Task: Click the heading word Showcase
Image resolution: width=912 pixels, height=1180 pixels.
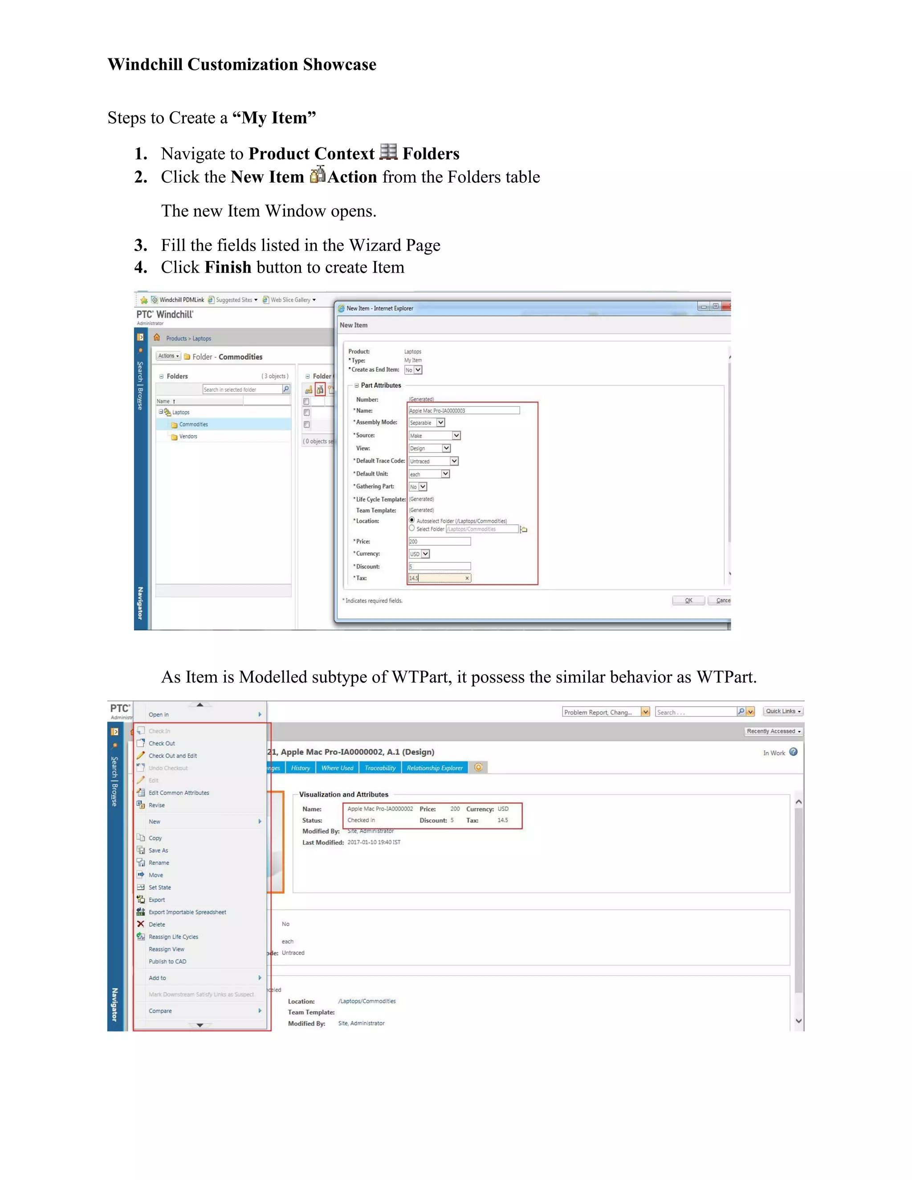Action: tap(339, 64)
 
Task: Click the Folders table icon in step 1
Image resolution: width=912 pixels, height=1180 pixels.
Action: tap(388, 152)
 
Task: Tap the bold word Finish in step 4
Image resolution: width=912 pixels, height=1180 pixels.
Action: tap(228, 268)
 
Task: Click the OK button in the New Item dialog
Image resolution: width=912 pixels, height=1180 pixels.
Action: tap(688, 600)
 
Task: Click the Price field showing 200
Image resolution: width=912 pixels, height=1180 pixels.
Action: tap(439, 541)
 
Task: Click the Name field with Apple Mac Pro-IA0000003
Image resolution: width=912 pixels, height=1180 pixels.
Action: tap(464, 411)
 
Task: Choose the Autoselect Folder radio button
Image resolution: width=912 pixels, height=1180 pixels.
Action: tap(412, 520)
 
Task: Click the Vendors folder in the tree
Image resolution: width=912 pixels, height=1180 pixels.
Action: tap(188, 436)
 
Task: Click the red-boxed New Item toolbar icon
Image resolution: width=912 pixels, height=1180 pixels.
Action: tap(320, 390)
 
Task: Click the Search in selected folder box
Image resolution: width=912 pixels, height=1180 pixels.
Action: tap(242, 390)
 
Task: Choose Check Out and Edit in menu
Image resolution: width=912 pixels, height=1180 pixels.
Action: tap(172, 756)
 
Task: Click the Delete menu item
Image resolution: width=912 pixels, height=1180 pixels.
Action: tap(157, 924)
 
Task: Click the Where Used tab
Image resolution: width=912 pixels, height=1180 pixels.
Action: tap(337, 768)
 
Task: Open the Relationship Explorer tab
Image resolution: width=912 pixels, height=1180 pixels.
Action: tap(434, 768)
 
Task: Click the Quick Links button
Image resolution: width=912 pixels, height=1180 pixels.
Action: tap(783, 711)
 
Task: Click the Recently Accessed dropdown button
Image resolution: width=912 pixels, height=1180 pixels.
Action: tap(774, 731)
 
